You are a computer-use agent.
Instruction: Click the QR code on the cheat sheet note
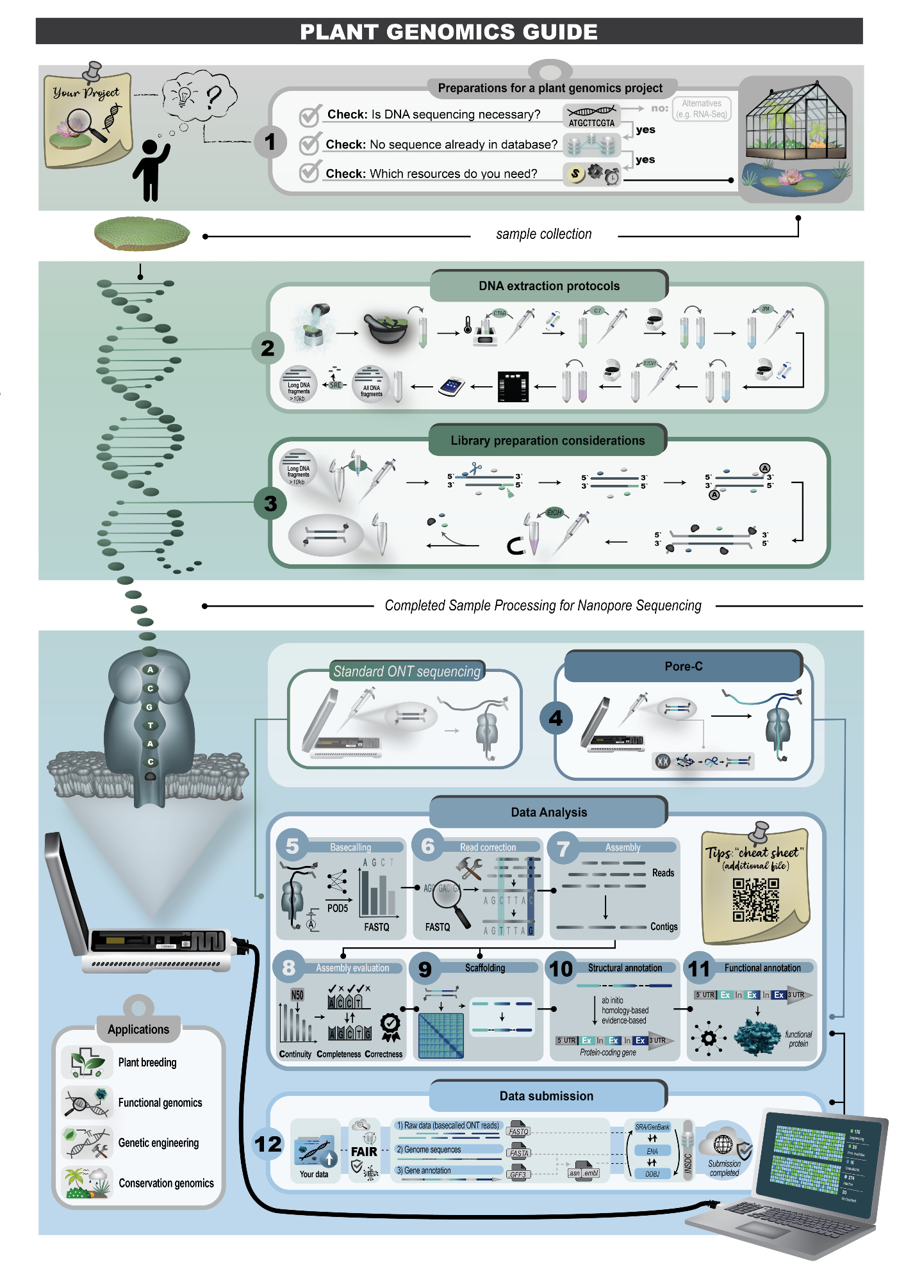[755, 899]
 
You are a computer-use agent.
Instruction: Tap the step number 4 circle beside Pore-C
[556, 718]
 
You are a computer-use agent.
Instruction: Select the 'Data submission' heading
[547, 1096]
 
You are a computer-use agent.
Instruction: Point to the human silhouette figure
[150, 169]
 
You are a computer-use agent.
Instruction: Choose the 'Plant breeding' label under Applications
[147, 1063]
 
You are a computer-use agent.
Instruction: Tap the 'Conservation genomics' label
[166, 1183]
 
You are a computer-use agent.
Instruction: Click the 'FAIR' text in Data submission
[364, 1152]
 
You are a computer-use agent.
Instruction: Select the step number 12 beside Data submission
[268, 1144]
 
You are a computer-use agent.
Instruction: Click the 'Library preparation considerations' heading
[547, 441]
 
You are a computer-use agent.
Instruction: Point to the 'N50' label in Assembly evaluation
[297, 995]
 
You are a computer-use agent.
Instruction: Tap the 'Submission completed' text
[724, 1168]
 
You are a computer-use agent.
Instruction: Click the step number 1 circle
[270, 142]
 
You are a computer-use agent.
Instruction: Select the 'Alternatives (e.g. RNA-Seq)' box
[702, 109]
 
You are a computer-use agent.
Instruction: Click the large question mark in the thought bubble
[214, 97]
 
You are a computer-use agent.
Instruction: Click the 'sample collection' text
[543, 234]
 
